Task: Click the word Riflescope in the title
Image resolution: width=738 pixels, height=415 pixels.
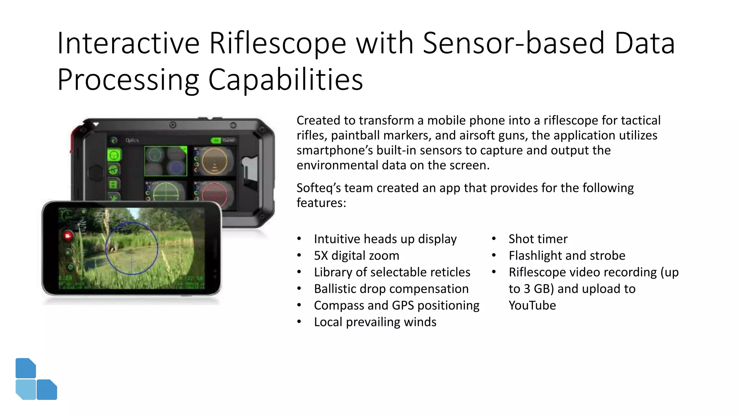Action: (x=277, y=43)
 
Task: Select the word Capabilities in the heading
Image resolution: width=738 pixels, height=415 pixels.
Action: (x=285, y=80)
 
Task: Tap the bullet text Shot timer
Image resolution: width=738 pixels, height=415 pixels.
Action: (x=538, y=239)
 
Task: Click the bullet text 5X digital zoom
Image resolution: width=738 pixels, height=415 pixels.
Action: (x=356, y=255)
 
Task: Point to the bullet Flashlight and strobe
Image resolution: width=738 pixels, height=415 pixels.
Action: (x=566, y=255)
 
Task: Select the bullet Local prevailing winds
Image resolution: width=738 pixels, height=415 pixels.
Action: (x=375, y=322)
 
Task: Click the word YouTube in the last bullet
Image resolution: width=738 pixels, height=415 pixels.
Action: (x=532, y=305)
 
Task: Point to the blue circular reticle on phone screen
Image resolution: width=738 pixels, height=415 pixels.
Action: (x=132, y=248)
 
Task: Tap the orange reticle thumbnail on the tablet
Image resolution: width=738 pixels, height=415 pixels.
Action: (x=214, y=161)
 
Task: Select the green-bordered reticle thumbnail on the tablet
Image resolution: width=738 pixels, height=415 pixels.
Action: (x=165, y=161)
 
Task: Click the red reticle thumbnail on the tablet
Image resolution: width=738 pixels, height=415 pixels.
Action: (x=215, y=195)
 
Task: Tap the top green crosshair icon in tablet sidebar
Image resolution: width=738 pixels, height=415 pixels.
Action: (x=114, y=155)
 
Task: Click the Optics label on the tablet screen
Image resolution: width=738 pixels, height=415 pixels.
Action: (x=132, y=140)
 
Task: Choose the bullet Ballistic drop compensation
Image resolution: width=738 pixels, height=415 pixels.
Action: (x=391, y=289)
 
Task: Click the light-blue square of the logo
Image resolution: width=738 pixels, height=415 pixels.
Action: (x=26, y=389)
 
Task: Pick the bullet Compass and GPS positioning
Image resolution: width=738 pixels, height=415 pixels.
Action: (x=396, y=305)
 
